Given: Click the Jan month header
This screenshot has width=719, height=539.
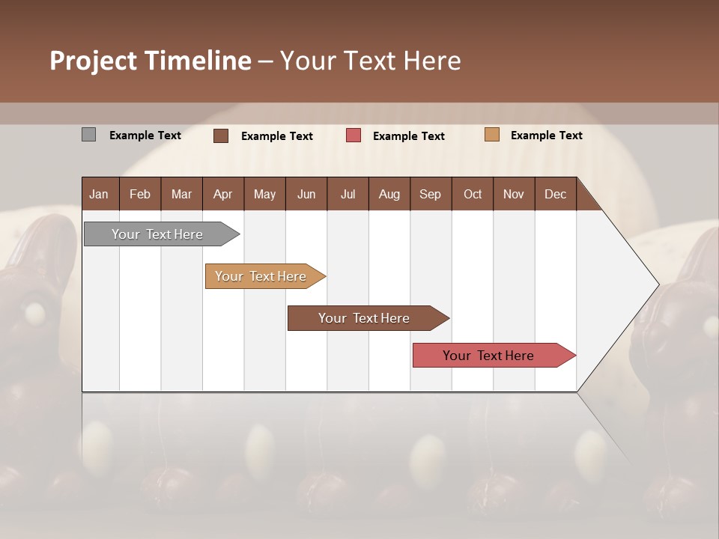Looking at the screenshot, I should click(100, 194).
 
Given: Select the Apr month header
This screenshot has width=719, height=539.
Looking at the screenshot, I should click(223, 194).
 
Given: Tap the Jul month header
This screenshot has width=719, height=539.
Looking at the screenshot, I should click(348, 194).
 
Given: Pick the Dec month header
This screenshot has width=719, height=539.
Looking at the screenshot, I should click(555, 194).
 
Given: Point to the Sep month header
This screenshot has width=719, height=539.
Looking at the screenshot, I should click(430, 194).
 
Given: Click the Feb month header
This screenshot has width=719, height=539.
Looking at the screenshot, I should click(140, 194).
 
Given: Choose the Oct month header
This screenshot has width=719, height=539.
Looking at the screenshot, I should click(473, 194).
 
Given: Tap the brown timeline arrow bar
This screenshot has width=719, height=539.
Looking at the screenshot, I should click(365, 318).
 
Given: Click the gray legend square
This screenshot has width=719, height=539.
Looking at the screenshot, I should click(88, 135).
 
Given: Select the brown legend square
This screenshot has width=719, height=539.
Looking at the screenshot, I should click(221, 135).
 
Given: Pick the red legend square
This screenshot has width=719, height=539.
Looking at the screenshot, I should click(354, 135).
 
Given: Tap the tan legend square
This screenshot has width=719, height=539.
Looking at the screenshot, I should click(492, 135).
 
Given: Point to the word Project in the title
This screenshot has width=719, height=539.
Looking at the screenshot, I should click(92, 61).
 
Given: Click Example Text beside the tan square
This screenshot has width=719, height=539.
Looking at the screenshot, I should click(546, 135).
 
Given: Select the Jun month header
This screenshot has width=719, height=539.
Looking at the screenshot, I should click(306, 194).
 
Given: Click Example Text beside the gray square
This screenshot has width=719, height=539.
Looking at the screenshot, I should click(145, 135).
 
